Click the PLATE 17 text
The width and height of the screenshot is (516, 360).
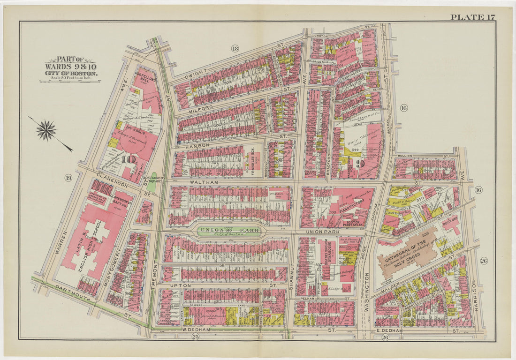pos(473,17)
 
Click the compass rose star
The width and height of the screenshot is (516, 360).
pos(46,130)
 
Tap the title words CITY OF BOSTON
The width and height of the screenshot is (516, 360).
pos(71,74)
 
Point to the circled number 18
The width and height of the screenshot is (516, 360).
pos(235,48)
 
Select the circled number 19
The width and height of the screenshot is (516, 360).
pos(68,177)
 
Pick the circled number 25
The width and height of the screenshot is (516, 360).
pos(196,337)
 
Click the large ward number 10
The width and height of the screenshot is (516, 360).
pos(127,159)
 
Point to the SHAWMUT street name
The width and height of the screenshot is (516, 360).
pos(291,275)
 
